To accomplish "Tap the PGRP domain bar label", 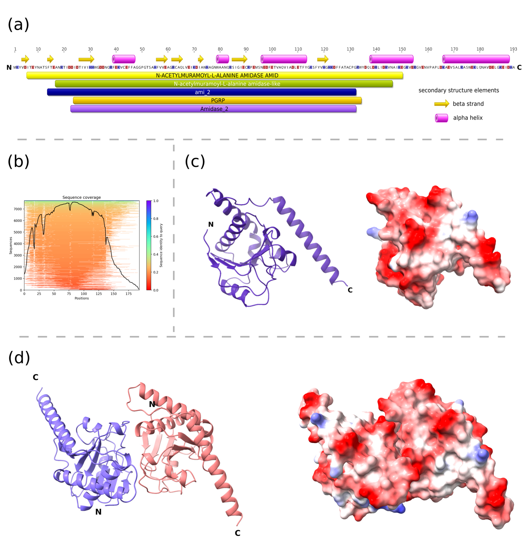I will tap(218, 100).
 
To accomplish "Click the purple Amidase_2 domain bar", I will tap(214, 109).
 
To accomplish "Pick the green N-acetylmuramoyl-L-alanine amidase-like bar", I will tap(227, 84).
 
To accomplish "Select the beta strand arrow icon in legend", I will tap(441, 104).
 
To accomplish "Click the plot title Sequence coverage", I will tap(82, 197).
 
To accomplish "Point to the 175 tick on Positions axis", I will tap(128, 294).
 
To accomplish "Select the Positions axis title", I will tap(82, 298).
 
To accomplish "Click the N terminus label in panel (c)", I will tap(211, 224).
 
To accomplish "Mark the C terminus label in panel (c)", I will tap(350, 290).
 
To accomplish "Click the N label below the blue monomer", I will tap(98, 512).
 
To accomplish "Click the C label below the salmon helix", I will tap(237, 533).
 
